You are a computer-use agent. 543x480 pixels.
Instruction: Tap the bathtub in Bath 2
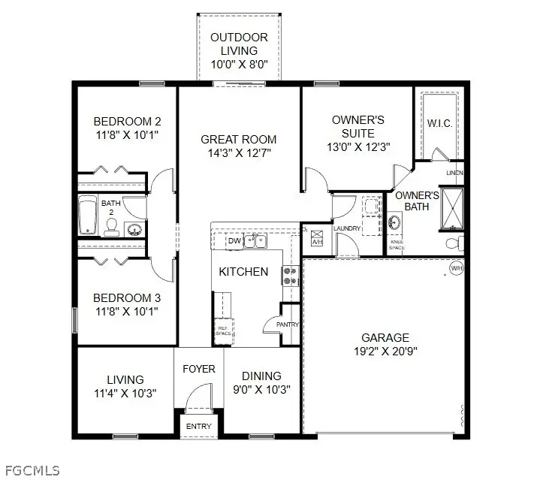click(87, 216)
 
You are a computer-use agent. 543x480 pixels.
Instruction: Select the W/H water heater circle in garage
click(456, 268)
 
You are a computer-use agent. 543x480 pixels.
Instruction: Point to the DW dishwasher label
click(234, 241)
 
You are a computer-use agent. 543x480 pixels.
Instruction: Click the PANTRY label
click(287, 325)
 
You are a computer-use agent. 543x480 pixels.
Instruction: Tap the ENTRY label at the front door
click(199, 427)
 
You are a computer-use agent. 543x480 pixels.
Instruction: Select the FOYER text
click(199, 369)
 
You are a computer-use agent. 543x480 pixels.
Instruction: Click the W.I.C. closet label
click(439, 122)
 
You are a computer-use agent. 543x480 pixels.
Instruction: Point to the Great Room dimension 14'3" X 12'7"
click(238, 153)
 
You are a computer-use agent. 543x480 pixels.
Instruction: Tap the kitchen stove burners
click(290, 276)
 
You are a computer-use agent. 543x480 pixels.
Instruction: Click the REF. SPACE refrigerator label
click(224, 328)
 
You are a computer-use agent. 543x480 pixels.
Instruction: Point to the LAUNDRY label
click(348, 228)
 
